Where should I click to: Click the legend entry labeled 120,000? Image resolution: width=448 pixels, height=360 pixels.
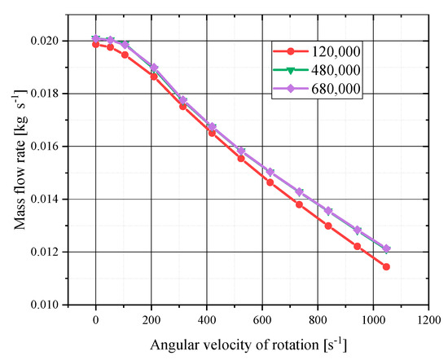coord(332,51)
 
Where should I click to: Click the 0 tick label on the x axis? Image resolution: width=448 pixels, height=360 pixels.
coord(95,320)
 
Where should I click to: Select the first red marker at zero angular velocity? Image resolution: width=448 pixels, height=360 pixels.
coord(95,44)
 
